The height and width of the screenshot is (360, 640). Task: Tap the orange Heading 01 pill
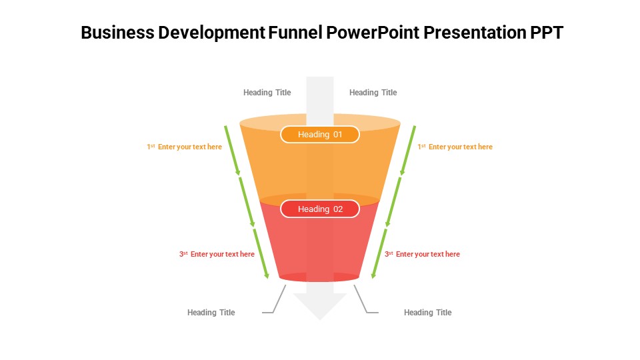click(x=320, y=135)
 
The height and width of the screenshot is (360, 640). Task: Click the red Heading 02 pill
click(x=320, y=209)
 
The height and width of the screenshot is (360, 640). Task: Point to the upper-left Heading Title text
click(x=267, y=93)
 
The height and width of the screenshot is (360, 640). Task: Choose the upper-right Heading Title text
click(x=373, y=93)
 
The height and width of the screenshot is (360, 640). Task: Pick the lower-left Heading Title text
click(x=211, y=313)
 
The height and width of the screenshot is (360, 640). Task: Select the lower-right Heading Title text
click(x=427, y=313)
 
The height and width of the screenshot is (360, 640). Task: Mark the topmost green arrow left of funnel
click(x=233, y=150)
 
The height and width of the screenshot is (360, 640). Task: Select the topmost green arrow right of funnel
click(x=407, y=150)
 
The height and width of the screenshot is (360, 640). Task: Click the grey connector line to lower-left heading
click(x=276, y=301)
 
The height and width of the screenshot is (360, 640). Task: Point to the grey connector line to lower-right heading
click(x=364, y=301)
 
